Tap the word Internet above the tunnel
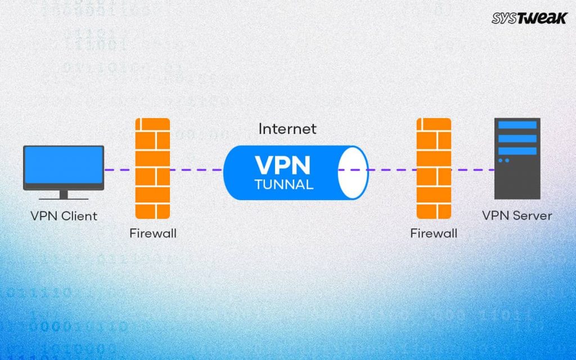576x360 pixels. [287, 129]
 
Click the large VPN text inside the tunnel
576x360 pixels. [282, 165]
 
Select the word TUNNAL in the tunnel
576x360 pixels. [283, 184]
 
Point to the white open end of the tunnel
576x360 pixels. [353, 172]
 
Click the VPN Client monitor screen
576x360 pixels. [64, 166]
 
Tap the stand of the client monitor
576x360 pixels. [64, 194]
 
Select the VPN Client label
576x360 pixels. [64, 215]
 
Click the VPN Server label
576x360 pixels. [517, 215]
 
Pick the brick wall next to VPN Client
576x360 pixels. [153, 169]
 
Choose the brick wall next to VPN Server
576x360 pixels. [434, 169]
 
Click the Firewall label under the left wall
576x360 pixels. [153, 233]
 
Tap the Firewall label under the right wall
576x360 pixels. [434, 233]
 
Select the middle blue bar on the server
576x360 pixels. [517, 138]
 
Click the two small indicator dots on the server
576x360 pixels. [504, 160]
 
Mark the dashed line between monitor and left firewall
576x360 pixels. [120, 169]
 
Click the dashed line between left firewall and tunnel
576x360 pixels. [197, 169]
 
